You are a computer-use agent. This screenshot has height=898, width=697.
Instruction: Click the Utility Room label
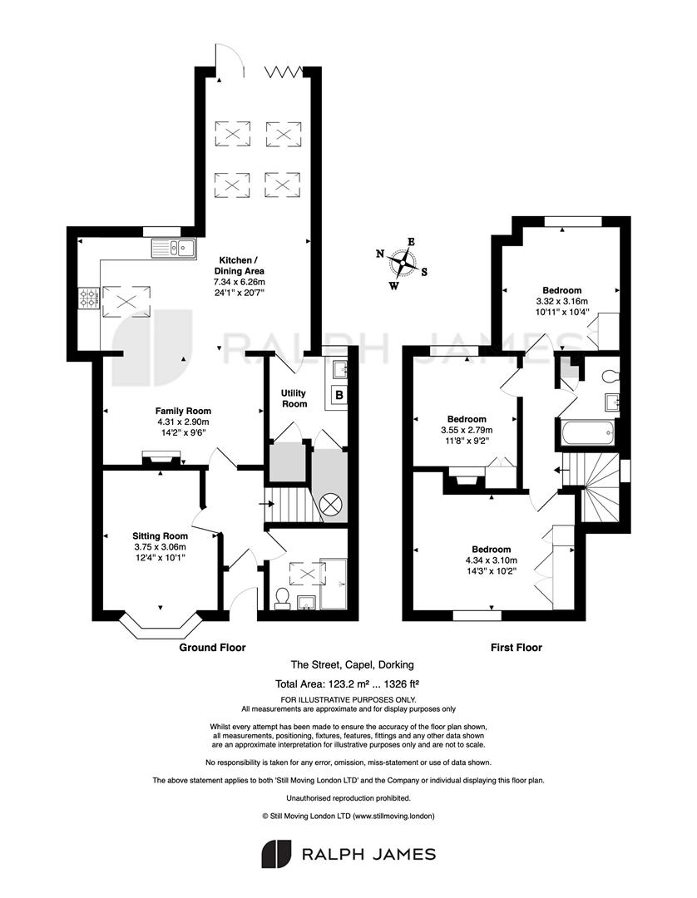(294, 398)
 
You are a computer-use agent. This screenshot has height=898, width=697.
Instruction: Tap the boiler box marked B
(339, 395)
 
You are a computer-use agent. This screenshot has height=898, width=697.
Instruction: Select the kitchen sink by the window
(174, 248)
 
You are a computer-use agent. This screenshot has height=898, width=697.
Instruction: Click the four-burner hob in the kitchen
(89, 298)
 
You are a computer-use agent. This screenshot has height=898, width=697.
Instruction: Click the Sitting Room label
(160, 536)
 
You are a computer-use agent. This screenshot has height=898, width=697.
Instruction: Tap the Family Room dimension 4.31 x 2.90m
(183, 422)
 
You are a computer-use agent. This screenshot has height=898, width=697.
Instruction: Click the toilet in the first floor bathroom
(610, 377)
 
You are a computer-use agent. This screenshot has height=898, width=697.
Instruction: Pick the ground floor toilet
(282, 598)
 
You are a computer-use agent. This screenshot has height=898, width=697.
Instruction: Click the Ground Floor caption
(212, 648)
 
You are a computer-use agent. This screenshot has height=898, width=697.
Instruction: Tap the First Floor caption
(516, 648)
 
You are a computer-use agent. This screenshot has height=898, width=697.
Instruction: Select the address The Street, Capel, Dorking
(352, 665)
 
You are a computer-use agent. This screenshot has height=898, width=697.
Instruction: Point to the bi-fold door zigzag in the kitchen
(283, 72)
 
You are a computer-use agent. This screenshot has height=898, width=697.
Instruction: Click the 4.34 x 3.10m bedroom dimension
(492, 560)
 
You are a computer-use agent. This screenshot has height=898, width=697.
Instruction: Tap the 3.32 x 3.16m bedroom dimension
(561, 301)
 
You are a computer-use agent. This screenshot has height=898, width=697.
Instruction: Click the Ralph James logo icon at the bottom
(277, 855)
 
